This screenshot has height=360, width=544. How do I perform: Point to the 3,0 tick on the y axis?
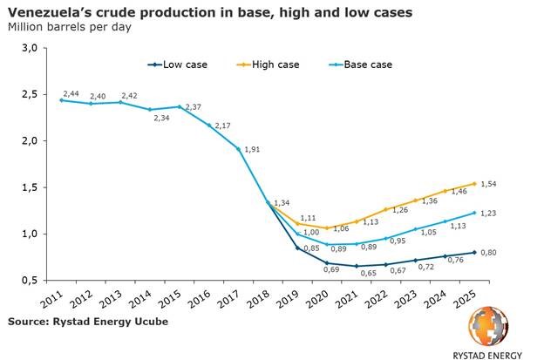28,48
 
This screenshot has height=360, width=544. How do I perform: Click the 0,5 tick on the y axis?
28,281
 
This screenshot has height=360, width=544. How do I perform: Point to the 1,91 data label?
251,149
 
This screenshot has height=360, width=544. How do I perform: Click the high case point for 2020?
326,228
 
